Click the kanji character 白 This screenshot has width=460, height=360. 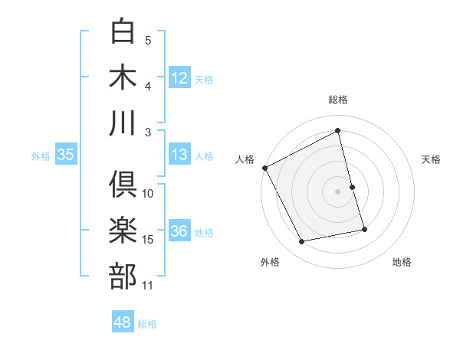[x=123, y=32]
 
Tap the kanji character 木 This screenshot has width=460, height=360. [x=123, y=77]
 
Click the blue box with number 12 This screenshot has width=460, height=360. [x=179, y=78]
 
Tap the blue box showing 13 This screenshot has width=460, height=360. [x=179, y=155]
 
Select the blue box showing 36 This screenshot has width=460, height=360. [x=179, y=232]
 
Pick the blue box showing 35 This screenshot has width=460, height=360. [x=65, y=155]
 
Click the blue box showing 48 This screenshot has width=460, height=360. [x=122, y=323]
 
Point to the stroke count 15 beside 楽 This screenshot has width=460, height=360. [x=148, y=240]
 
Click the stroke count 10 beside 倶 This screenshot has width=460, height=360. [x=148, y=194]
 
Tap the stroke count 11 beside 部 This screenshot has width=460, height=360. [x=148, y=286]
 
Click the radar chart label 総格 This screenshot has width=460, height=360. [x=338, y=100]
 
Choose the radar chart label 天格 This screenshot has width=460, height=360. [x=432, y=159]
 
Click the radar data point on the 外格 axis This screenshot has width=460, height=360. [x=302, y=242]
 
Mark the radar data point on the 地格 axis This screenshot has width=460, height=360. [x=364, y=229]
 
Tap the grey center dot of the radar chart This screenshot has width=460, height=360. [x=338, y=191]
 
